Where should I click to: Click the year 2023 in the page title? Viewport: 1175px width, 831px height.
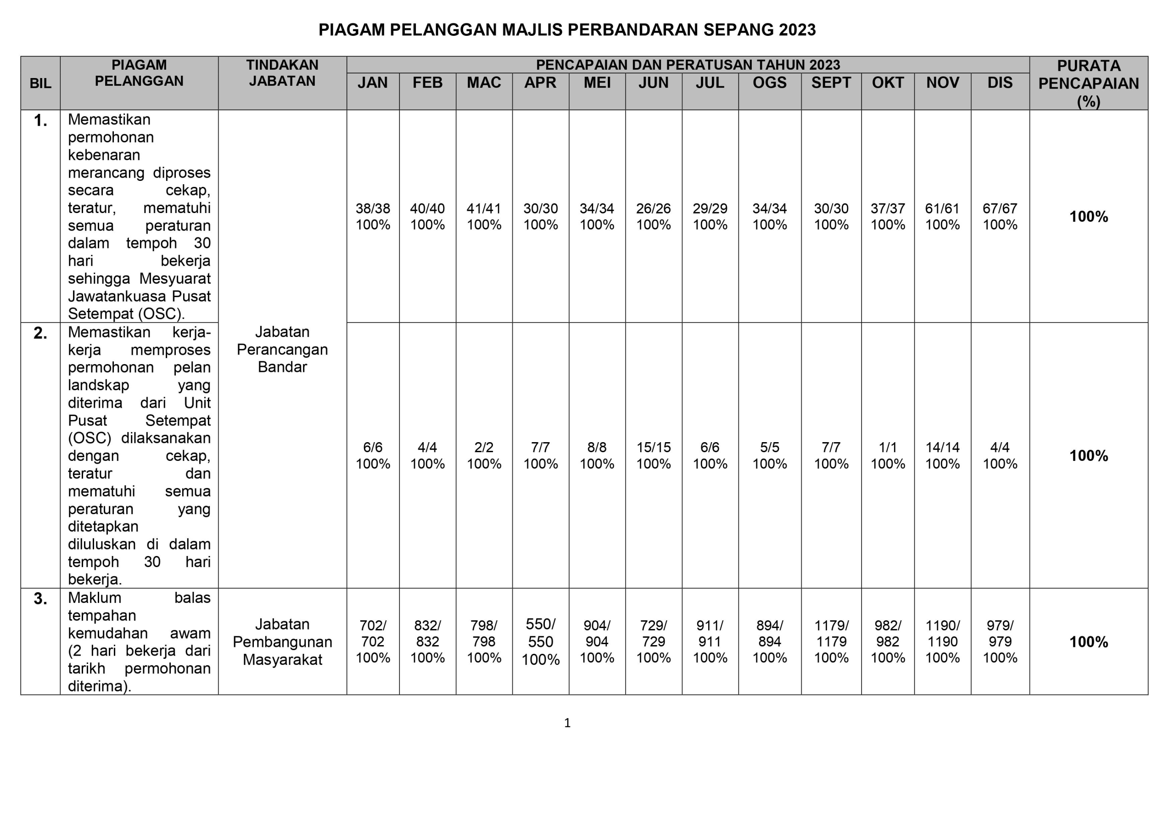797,30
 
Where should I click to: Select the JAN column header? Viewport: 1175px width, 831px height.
373,83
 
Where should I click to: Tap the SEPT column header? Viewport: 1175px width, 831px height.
831,83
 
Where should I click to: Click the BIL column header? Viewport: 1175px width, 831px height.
40,84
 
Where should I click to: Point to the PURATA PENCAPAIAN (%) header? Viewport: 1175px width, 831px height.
1089,84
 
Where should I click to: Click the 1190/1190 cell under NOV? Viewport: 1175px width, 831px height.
942,634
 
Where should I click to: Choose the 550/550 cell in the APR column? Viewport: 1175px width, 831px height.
540,633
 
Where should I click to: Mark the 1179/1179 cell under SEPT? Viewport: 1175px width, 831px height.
831,634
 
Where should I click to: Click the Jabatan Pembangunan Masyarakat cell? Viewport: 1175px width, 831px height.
282,641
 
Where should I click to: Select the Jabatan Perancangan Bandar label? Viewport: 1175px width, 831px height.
282,349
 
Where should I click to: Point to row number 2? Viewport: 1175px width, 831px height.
40,333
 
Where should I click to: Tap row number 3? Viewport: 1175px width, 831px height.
40,599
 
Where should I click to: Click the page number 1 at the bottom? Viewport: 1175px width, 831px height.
567,723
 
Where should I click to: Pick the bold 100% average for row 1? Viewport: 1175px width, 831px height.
1089,217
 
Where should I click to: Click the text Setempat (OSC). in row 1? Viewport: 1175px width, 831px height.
126,314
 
